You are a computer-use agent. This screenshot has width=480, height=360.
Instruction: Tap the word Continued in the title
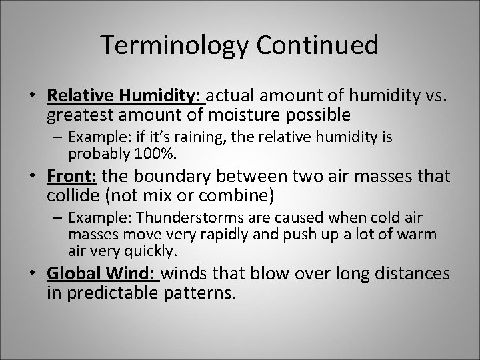coord(317,45)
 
